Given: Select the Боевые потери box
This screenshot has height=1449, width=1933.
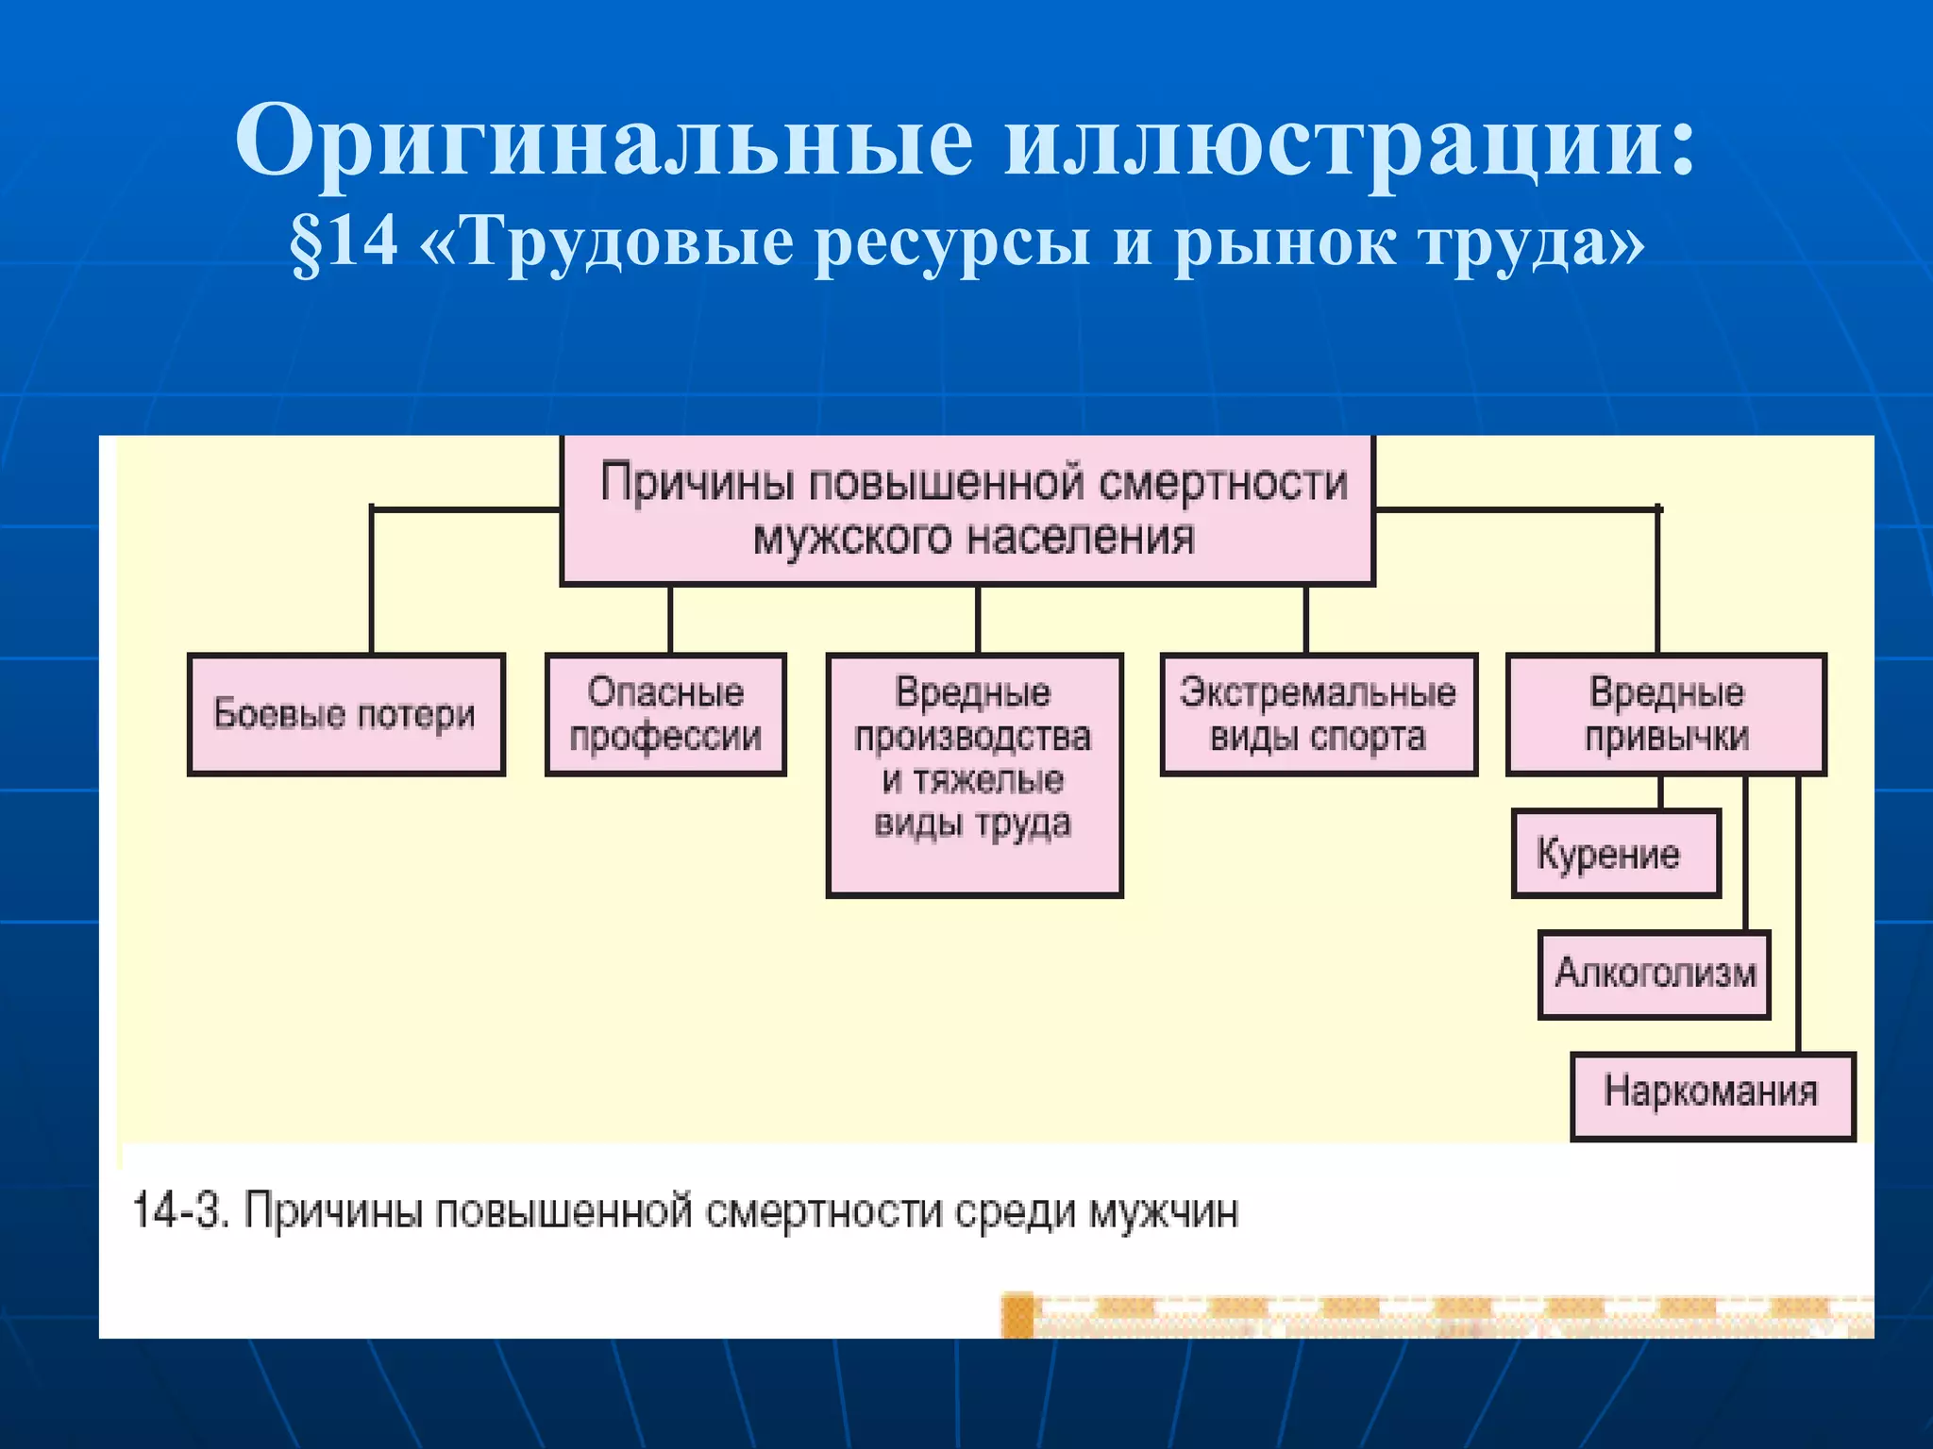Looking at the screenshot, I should (345, 714).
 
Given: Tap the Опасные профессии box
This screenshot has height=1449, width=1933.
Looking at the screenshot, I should (665, 714).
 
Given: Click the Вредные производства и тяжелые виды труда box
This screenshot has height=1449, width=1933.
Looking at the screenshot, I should (974, 774).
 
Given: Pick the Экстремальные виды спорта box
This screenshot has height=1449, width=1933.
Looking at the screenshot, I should (1318, 714).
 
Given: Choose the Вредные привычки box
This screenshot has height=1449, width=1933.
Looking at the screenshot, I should (1666, 714).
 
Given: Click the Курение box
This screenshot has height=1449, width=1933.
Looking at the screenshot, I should (1615, 853).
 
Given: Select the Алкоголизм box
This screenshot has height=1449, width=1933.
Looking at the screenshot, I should (1654, 974).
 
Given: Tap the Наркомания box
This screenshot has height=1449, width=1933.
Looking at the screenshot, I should (1712, 1094).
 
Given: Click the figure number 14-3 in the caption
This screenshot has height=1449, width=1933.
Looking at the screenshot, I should (179, 1210).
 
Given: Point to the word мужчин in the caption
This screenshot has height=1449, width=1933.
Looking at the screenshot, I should (1163, 1210).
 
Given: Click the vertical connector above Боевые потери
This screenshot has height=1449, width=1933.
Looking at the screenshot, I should (372, 580).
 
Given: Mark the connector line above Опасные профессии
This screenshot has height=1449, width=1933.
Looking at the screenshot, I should (670, 619).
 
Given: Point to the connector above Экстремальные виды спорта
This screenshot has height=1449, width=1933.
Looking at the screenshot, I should (1306, 619).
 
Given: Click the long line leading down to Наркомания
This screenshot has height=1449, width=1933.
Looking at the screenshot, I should (1798, 915).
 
